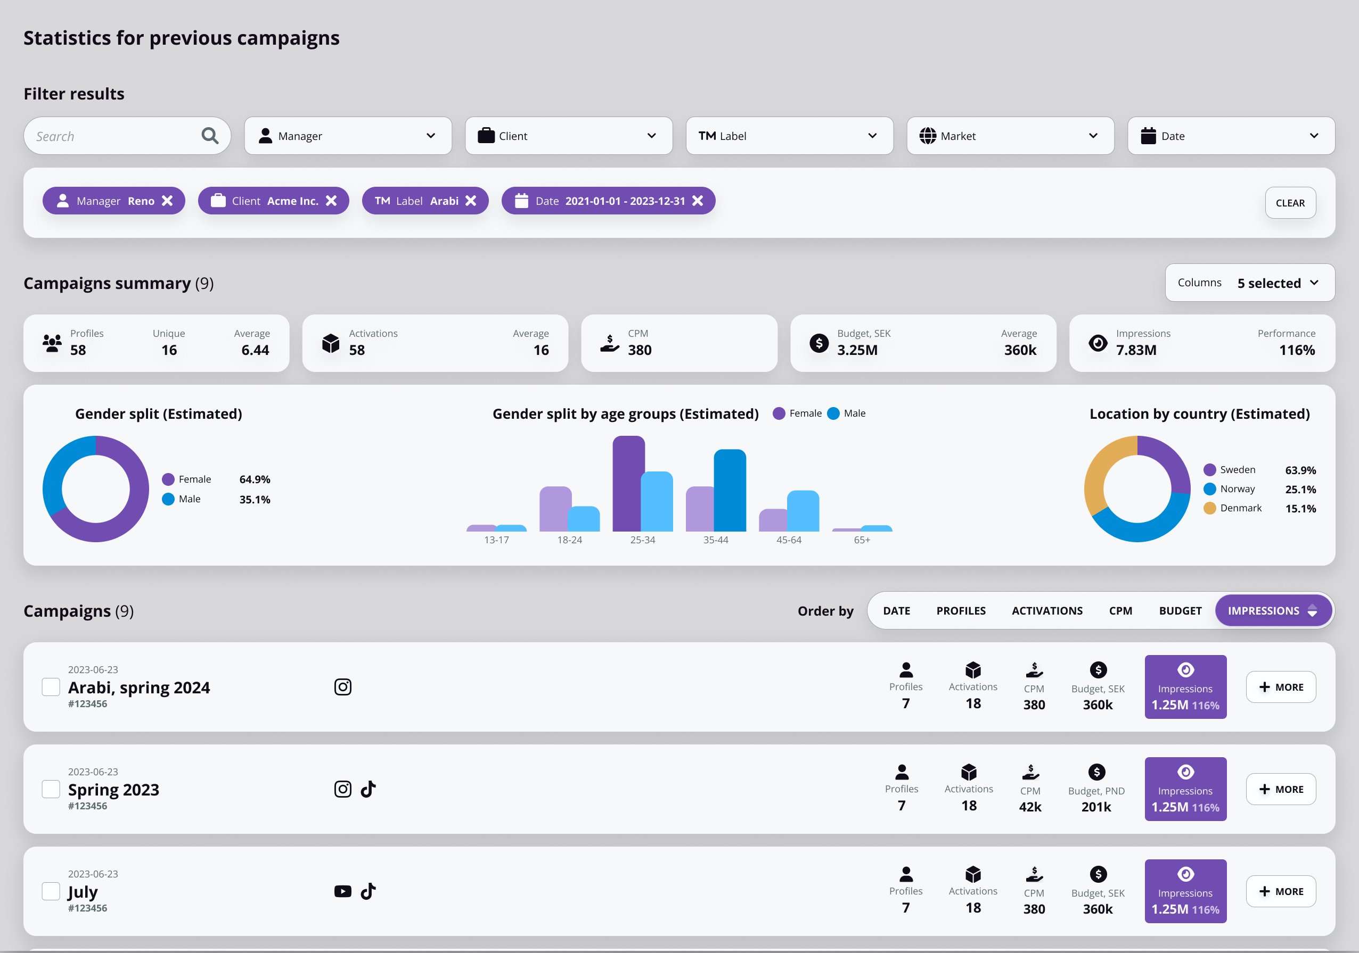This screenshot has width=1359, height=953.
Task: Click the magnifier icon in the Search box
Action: [x=209, y=136]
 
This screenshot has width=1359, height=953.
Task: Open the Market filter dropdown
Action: [x=1010, y=136]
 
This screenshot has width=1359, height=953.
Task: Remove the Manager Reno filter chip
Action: [x=168, y=201]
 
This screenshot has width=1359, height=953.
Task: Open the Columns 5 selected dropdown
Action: [x=1249, y=283]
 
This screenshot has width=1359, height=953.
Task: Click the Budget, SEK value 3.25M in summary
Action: [x=857, y=350]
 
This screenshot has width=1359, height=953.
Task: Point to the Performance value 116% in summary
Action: [x=1296, y=350]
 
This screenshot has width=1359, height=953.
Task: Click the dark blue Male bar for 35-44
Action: [x=730, y=491]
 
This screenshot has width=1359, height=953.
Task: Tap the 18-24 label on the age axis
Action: [x=569, y=540]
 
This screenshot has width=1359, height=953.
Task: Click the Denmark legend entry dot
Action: [x=1210, y=508]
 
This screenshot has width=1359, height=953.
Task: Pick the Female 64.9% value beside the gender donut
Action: [x=255, y=479]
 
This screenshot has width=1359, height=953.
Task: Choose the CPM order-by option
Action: [x=1120, y=611]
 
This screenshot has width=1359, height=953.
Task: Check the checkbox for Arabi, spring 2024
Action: [x=51, y=687]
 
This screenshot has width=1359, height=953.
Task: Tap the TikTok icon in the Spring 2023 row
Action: [x=368, y=789]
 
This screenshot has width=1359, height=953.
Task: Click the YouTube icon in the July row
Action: [x=343, y=891]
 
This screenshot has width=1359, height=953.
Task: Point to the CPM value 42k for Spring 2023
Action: [x=1030, y=807]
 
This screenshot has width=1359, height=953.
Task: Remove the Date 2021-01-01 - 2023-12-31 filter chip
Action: [x=698, y=201]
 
